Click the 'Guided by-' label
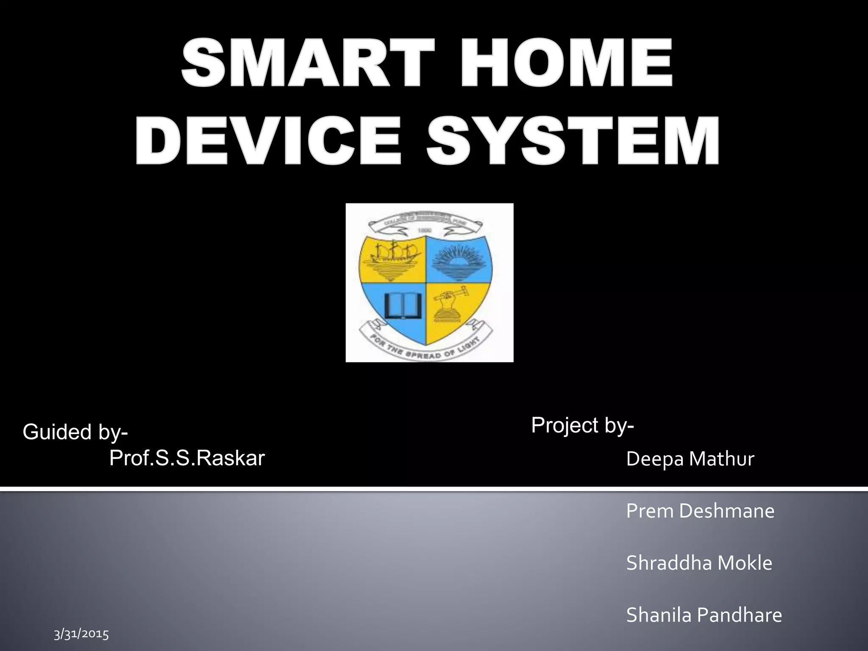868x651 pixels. click(x=75, y=432)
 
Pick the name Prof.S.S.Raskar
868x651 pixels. click(x=187, y=458)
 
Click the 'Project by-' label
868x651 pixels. click(x=582, y=425)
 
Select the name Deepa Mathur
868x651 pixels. click(x=690, y=459)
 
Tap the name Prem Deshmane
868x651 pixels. click(x=700, y=511)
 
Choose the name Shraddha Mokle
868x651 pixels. click(x=699, y=563)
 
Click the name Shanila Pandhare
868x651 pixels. click(x=704, y=615)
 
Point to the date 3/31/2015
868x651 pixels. click(x=81, y=634)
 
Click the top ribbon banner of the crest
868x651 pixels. click(x=428, y=225)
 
